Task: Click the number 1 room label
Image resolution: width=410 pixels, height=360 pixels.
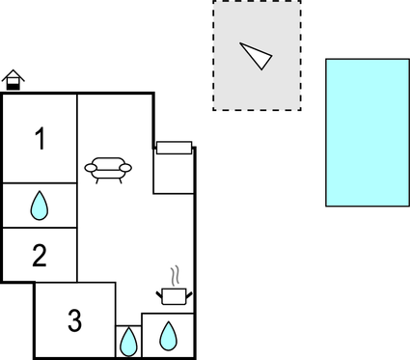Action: (40, 139)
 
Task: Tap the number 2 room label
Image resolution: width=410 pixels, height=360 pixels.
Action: (39, 256)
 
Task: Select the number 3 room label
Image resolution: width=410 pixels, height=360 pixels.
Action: (74, 320)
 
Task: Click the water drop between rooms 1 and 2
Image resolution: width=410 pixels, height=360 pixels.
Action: (39, 205)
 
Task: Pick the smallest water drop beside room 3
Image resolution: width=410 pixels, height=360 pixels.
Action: (127, 341)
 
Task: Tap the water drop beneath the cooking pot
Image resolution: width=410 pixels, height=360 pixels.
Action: (168, 335)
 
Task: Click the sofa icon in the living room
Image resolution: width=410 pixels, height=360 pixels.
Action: (108, 169)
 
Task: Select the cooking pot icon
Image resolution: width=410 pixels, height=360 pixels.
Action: (174, 295)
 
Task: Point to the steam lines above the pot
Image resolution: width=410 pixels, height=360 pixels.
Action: (175, 276)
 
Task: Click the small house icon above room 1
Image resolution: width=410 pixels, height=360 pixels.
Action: (13, 80)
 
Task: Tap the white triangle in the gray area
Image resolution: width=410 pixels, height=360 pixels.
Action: (256, 55)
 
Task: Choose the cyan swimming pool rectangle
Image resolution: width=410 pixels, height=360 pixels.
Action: (368, 132)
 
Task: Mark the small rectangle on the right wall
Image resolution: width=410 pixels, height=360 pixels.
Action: (175, 148)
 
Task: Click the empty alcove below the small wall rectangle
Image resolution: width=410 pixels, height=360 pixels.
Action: (174, 174)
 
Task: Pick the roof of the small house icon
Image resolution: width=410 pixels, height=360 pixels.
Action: (13, 75)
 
